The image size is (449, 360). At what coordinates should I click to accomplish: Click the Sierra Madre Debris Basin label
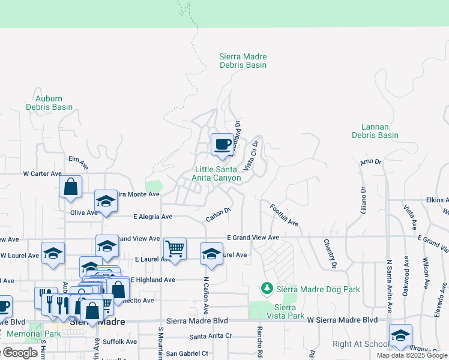(x=243, y=61)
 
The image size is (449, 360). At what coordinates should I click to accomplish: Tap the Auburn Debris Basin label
(x=49, y=103)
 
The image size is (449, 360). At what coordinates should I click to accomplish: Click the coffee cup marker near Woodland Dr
(x=222, y=145)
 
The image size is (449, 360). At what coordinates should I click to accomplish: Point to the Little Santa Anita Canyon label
(x=217, y=173)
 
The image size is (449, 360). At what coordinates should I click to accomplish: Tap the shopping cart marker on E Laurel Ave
(x=175, y=248)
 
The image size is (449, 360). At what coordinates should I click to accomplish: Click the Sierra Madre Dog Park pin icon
(x=268, y=289)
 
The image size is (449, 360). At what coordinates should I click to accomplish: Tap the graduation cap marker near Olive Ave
(x=106, y=202)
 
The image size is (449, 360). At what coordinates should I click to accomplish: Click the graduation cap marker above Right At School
(x=400, y=336)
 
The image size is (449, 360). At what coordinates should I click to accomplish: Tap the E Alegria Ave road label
(x=152, y=217)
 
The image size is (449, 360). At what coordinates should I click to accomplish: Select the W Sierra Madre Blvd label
(x=342, y=320)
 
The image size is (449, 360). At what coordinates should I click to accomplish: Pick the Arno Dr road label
(x=370, y=162)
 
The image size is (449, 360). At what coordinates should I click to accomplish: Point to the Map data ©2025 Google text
(x=412, y=355)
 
